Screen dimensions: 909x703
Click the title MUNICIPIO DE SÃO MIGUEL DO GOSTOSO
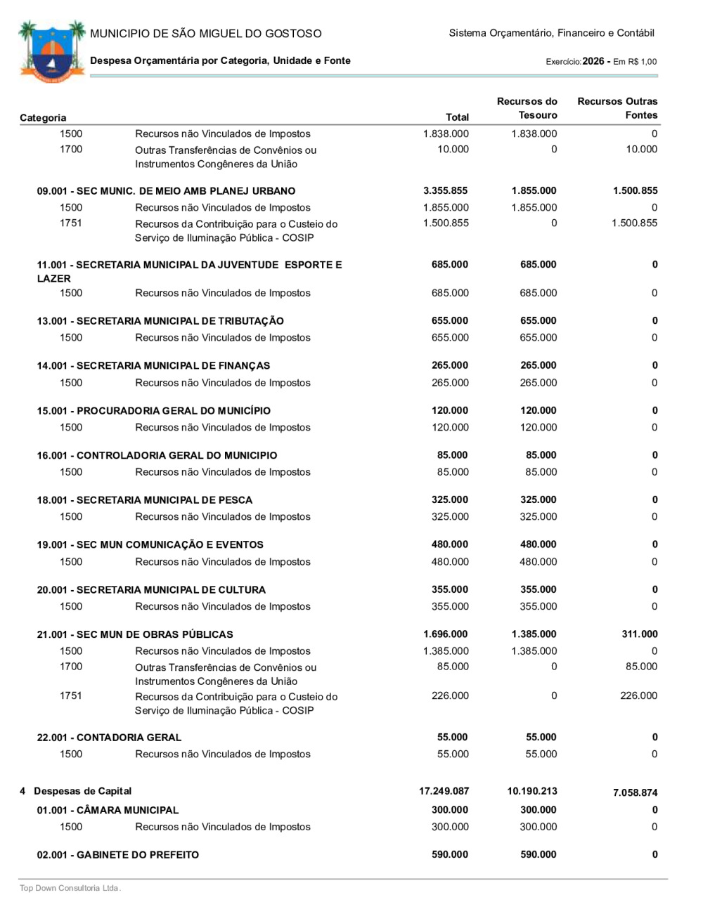pos(205,34)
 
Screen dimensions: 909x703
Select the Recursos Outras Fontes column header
pos(617,108)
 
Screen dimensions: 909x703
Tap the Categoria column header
pos(43,117)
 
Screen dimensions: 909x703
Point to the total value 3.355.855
pos(445,191)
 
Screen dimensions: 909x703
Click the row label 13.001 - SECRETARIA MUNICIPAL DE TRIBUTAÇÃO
pos(160,321)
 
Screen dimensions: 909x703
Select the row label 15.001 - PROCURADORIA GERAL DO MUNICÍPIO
pos(153,411)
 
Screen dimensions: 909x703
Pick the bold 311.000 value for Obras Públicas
pos(639,634)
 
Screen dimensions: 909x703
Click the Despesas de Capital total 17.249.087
pos(444,792)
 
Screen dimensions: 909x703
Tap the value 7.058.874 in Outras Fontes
pos(635,793)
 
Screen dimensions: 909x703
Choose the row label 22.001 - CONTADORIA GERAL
pos(109,738)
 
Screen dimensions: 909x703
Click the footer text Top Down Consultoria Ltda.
pos(70,888)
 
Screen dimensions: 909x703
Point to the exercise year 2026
pos(593,62)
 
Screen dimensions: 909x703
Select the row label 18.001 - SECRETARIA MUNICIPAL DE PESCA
pos(144,500)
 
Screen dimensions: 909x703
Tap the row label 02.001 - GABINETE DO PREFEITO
pos(117,855)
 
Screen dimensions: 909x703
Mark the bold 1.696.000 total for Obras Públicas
pos(445,634)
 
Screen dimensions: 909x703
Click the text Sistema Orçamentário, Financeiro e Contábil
pos(551,33)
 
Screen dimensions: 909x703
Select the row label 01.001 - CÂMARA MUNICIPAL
pos(108,811)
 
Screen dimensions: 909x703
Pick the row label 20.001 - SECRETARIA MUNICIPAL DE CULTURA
pos(151,590)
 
